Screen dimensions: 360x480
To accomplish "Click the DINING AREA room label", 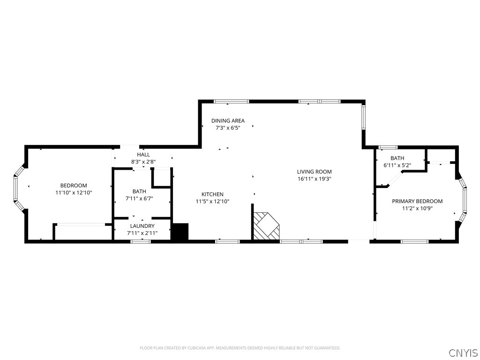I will pyautogui.click(x=228, y=120).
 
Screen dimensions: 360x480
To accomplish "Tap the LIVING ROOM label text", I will pyautogui.click(x=314, y=172).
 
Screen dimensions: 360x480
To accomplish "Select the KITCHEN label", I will pyautogui.click(x=212, y=194).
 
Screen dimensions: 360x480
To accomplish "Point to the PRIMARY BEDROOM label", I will pyautogui.click(x=417, y=201).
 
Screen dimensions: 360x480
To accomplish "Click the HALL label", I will pyautogui.click(x=143, y=155).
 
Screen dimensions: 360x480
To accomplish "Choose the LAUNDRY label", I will pyautogui.click(x=142, y=226).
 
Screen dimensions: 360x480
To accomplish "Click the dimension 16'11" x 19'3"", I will pyautogui.click(x=314, y=179).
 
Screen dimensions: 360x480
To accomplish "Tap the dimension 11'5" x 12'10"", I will pyautogui.click(x=212, y=202).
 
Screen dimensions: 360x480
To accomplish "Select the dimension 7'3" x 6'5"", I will pyautogui.click(x=228, y=128).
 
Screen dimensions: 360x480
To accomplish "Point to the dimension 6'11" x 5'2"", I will pyautogui.click(x=397, y=165).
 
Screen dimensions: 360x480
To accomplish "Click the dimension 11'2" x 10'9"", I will pyautogui.click(x=417, y=209).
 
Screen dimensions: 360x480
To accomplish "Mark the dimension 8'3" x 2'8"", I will pyautogui.click(x=143, y=162).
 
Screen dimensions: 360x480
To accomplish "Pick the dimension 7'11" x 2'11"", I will pyautogui.click(x=142, y=233).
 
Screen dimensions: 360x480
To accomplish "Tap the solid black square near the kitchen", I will pyautogui.click(x=180, y=232).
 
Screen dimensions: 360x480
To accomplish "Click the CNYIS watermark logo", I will pyautogui.click(x=463, y=352).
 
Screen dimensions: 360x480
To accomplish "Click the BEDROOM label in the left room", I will pyautogui.click(x=73, y=186).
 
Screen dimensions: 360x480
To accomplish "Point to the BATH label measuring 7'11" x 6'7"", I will pyautogui.click(x=139, y=191).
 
